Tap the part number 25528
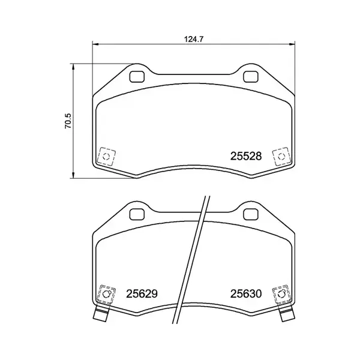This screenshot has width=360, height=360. pos(246,157)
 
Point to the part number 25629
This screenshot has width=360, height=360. pos(142,295)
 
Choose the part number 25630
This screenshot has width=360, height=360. pos(246,295)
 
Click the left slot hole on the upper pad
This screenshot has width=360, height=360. pos(137,76)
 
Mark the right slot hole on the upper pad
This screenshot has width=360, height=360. pos(250,76)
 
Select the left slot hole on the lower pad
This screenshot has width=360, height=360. pos(137,214)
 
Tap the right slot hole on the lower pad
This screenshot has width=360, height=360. pos(250,214)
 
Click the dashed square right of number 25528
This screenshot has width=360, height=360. pos(280,157)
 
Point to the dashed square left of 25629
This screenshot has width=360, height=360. pos(107,294)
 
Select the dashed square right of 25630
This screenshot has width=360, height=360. pos(280,294)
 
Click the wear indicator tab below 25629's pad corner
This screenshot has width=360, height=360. pos(101,316)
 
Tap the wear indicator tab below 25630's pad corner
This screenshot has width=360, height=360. pos(286,316)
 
